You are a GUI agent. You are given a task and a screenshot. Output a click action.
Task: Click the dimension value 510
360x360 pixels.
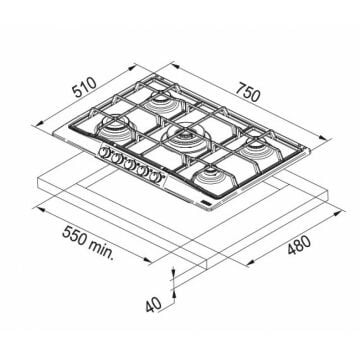click(x=85, y=88)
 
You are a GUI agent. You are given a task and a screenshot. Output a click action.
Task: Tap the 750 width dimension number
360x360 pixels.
click(x=248, y=92)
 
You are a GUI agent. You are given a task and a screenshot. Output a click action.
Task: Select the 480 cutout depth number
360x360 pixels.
click(x=299, y=245)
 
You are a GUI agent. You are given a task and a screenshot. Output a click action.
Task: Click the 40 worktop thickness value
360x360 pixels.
click(x=153, y=304)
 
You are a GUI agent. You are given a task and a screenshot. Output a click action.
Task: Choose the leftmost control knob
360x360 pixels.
click(x=103, y=152)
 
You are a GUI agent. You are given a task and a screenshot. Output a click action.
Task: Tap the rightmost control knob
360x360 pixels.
click(x=154, y=176)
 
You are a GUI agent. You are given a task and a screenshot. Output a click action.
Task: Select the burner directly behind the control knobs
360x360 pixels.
click(x=114, y=128)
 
